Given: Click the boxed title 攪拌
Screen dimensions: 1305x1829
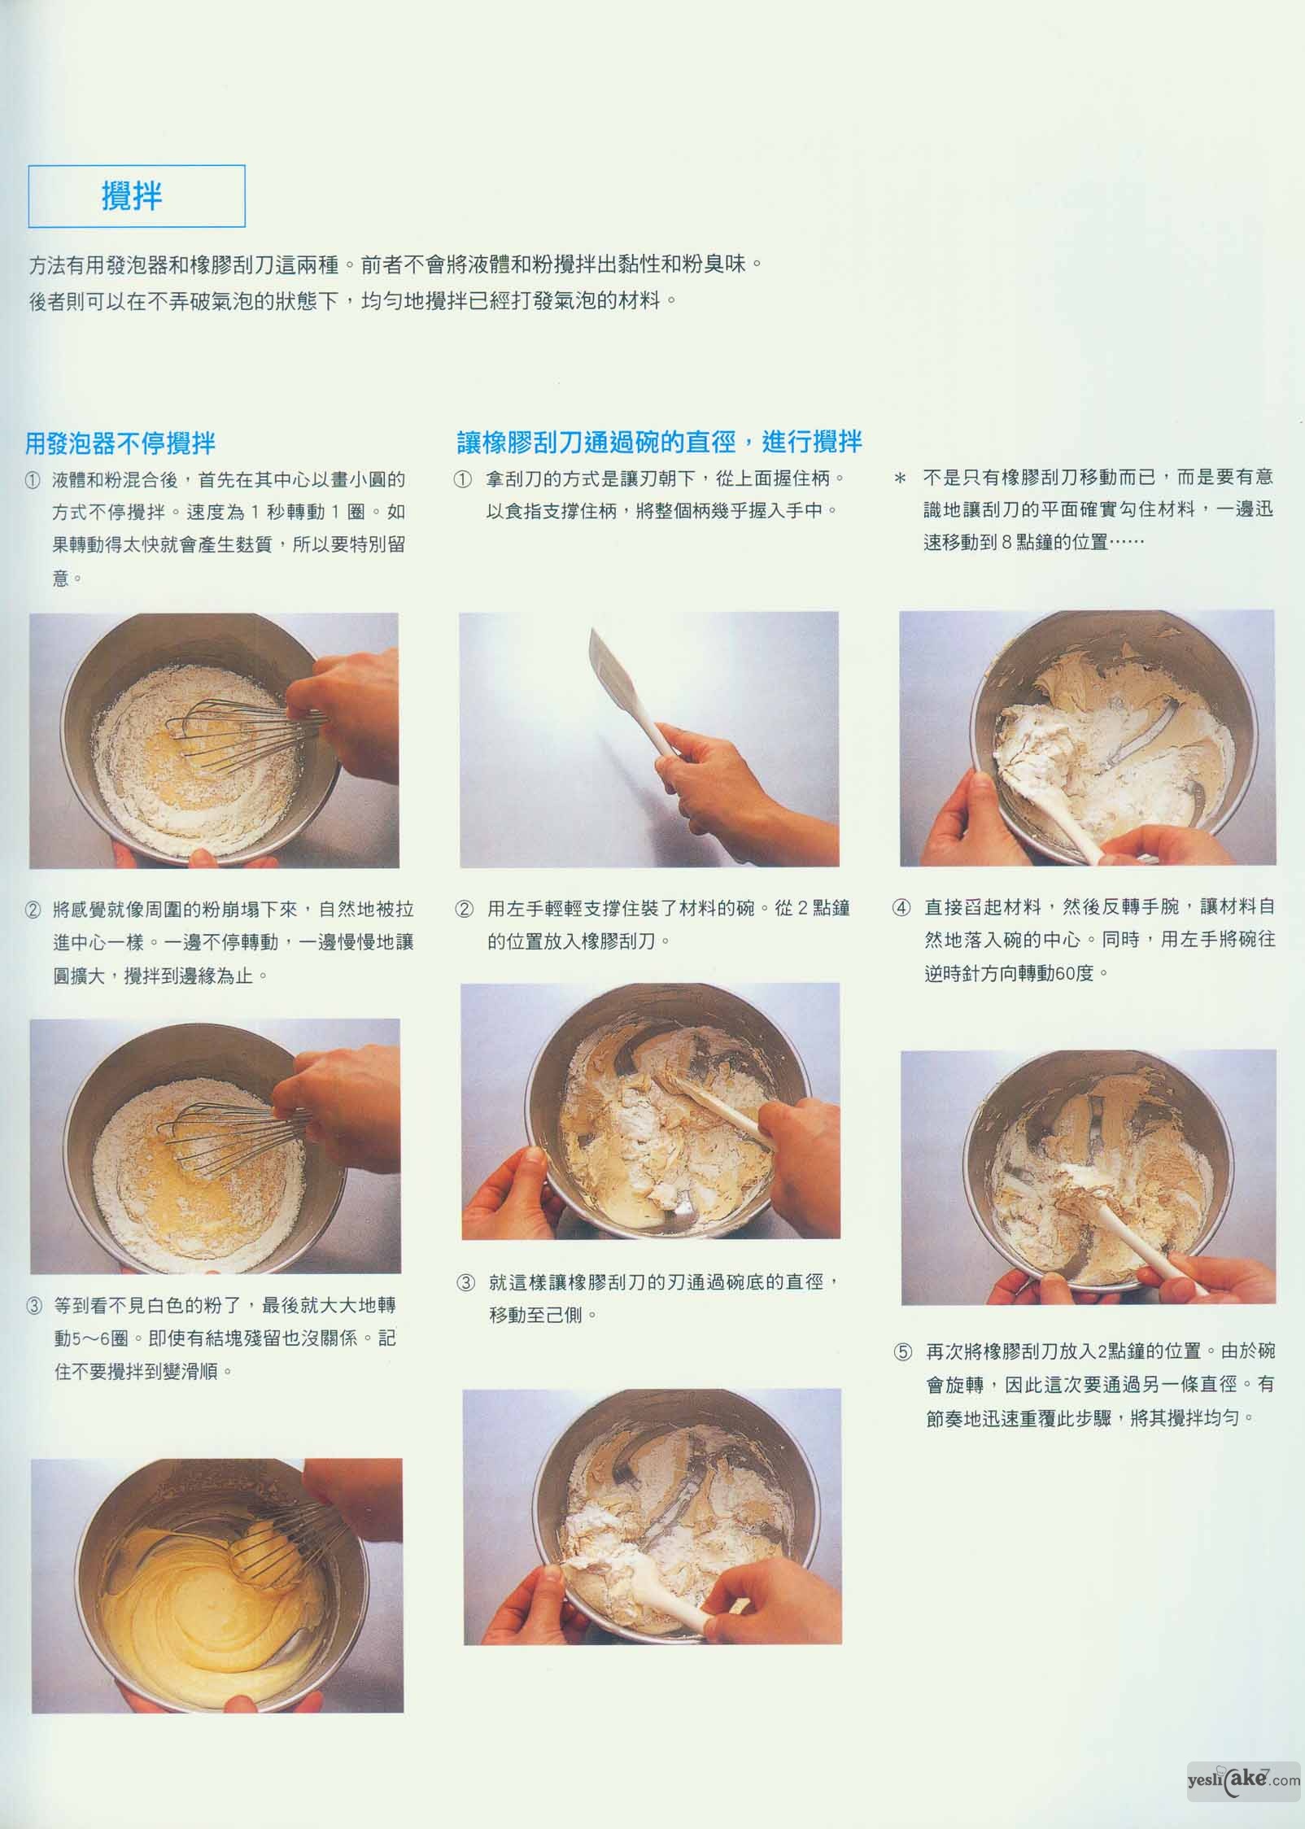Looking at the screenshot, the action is point(132,196).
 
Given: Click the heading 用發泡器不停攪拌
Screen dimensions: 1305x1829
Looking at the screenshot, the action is point(120,443).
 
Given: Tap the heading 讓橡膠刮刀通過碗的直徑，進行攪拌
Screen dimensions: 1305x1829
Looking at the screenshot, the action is point(659,442).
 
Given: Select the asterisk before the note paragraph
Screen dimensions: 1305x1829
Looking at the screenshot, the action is point(900,479).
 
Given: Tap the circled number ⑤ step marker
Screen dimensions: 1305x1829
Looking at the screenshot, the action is point(903,1352).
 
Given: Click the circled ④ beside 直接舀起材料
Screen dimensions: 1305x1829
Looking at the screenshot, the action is point(901,907).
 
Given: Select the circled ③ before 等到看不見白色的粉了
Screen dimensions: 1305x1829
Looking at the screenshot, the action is point(33,1306).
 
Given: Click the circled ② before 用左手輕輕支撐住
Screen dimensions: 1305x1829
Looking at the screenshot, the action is point(464,909).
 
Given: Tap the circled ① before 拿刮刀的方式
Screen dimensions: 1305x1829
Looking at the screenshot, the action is point(462,479).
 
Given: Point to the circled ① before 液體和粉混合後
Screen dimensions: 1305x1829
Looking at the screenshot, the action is point(33,480).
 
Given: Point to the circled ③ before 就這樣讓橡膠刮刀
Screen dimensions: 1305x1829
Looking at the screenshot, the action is point(465,1283).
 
